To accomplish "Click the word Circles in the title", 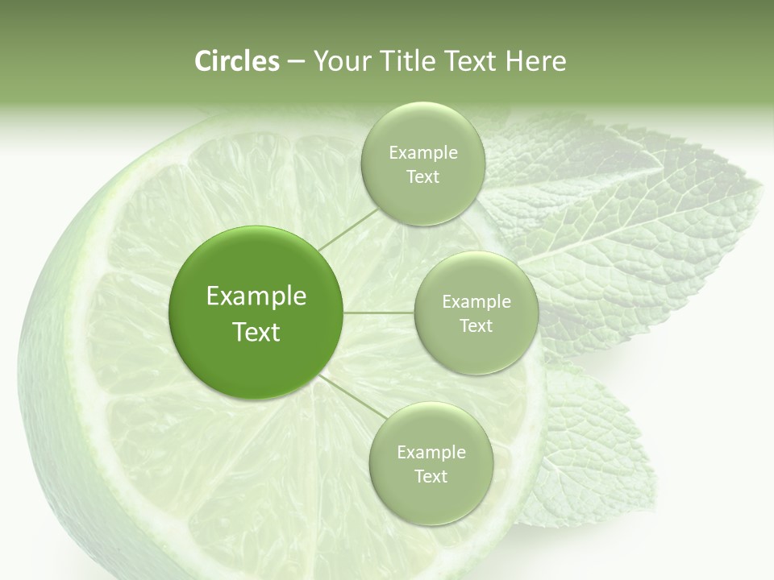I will point(236,61).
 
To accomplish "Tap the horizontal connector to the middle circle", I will point(379,313).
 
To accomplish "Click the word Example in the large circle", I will point(256,296).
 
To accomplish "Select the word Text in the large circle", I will point(256,332).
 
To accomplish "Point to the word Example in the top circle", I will point(422,153).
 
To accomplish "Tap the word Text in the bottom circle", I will point(431,476).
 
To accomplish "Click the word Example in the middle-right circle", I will point(476,302).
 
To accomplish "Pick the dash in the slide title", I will point(295,62).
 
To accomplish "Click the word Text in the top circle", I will point(422,177).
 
